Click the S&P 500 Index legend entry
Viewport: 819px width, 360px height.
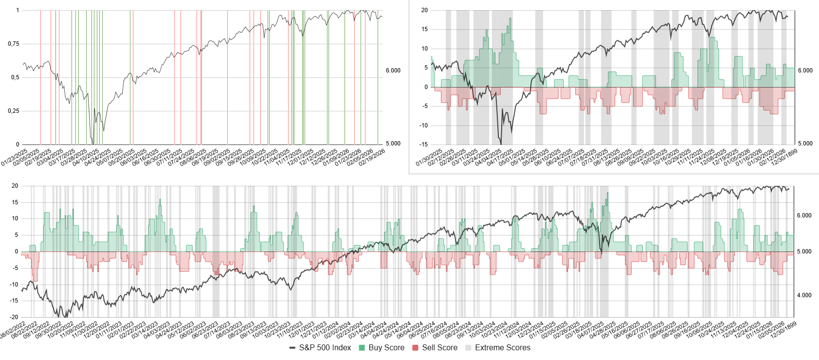(x=325, y=347)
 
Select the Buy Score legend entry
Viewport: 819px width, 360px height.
(x=386, y=347)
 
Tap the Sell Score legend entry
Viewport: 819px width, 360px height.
(x=439, y=347)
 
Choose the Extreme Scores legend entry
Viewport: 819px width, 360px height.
(x=502, y=347)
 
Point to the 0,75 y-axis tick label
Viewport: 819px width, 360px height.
(x=14, y=44)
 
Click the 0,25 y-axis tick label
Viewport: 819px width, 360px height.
(x=14, y=111)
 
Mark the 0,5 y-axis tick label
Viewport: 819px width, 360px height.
(x=15, y=77)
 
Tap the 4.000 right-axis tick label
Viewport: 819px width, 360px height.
(x=804, y=295)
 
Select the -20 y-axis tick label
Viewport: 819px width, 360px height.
(x=15, y=317)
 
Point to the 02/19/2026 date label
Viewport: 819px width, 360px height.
(x=372, y=157)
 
